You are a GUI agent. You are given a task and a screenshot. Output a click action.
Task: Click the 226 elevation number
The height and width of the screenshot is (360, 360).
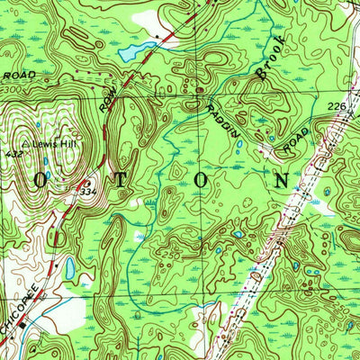pyautogui.click(x=337, y=107)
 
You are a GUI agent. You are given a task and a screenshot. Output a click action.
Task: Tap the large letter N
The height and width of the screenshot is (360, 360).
pyautogui.click(x=283, y=180)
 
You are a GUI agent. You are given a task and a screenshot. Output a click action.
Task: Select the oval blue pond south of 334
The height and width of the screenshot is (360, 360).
pyautogui.click(x=68, y=267)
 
